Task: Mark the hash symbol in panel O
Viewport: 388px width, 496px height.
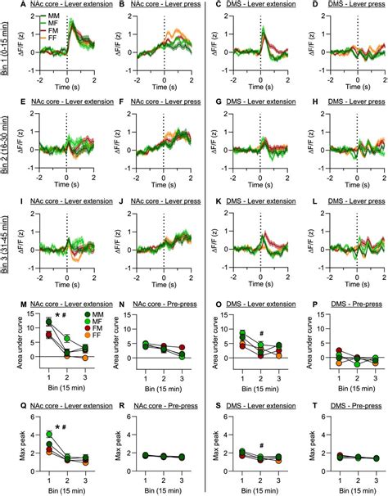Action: (259, 332)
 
